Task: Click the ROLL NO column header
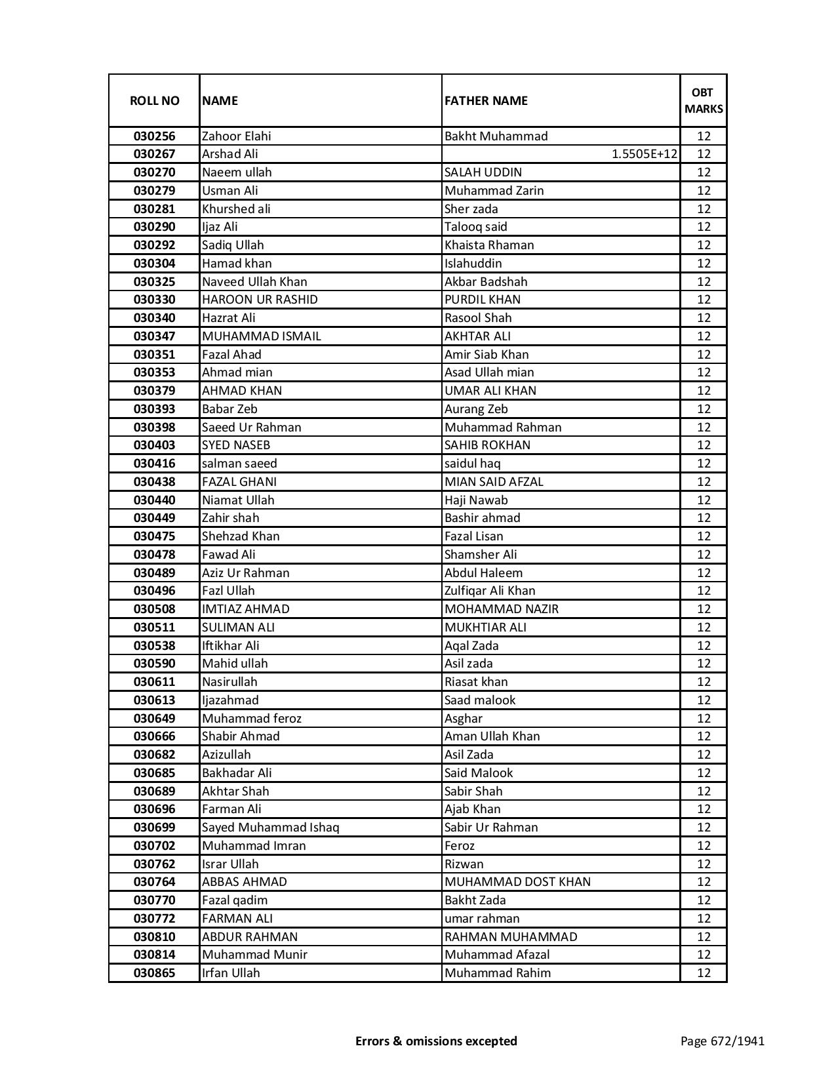(154, 100)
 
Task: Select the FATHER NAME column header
(486, 100)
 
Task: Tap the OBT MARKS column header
(704, 100)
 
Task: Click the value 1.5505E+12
(645, 154)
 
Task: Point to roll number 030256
(154, 136)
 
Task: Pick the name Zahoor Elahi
(236, 136)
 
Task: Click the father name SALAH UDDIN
(483, 172)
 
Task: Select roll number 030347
(154, 336)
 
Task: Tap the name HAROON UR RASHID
(260, 300)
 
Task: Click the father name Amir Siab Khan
(487, 355)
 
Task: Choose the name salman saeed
(239, 464)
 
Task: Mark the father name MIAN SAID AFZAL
(494, 482)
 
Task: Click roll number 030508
(154, 609)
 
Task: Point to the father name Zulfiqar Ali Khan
(490, 591)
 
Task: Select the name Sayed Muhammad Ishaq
(270, 828)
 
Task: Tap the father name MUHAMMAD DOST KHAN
(517, 882)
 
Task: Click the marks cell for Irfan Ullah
(704, 973)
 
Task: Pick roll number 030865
(154, 973)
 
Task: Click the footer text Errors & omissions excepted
(436, 1041)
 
